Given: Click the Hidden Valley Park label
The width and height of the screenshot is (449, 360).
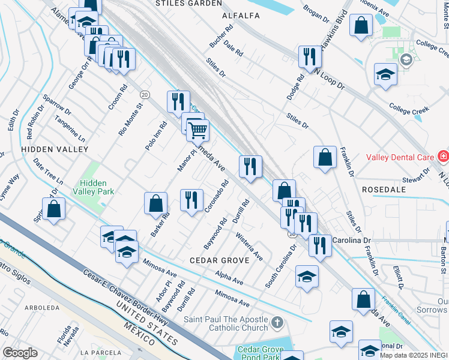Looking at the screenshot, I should click(97, 187).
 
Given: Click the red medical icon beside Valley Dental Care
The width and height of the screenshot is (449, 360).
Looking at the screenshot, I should click(443, 157).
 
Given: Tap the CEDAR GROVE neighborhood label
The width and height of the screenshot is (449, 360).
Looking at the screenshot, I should click(219, 260).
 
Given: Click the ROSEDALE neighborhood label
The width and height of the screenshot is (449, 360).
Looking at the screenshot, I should click(384, 189).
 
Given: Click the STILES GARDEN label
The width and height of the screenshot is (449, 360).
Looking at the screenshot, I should click(188, 3).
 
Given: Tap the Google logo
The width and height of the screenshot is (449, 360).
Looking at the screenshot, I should click(20, 353).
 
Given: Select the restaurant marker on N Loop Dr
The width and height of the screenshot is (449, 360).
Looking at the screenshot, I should click(309, 56).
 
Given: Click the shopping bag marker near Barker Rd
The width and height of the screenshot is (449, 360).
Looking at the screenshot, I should click(156, 203).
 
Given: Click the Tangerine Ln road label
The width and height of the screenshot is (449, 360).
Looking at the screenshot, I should click(70, 129).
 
